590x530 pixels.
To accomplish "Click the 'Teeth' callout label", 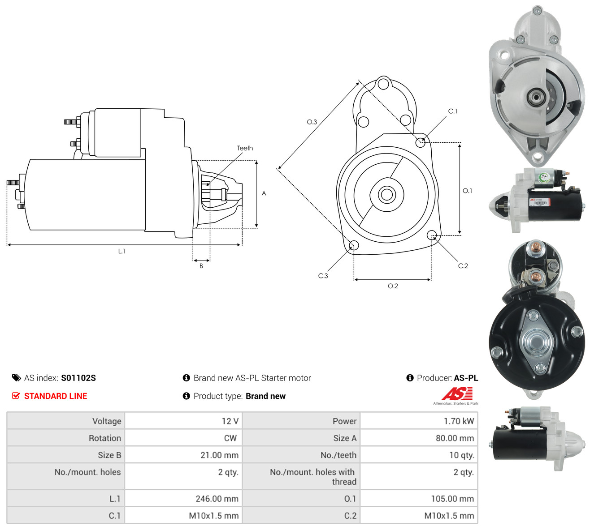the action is pyautogui.click(x=245, y=148).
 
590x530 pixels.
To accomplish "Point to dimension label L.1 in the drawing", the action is pyautogui.click(x=121, y=251).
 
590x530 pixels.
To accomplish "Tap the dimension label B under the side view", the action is pyautogui.click(x=201, y=266).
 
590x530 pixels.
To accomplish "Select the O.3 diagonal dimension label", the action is pyautogui.click(x=312, y=122).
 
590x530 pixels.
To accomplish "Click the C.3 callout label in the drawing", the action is pyautogui.click(x=323, y=276).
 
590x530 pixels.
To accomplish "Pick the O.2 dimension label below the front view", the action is pyautogui.click(x=393, y=286).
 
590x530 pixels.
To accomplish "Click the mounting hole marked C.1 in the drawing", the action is pyautogui.click(x=420, y=143).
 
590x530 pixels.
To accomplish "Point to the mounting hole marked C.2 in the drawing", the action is pyautogui.click(x=431, y=235).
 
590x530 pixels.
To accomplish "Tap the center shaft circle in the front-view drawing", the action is pyautogui.click(x=386, y=194).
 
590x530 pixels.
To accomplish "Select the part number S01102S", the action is pyautogui.click(x=78, y=378).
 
